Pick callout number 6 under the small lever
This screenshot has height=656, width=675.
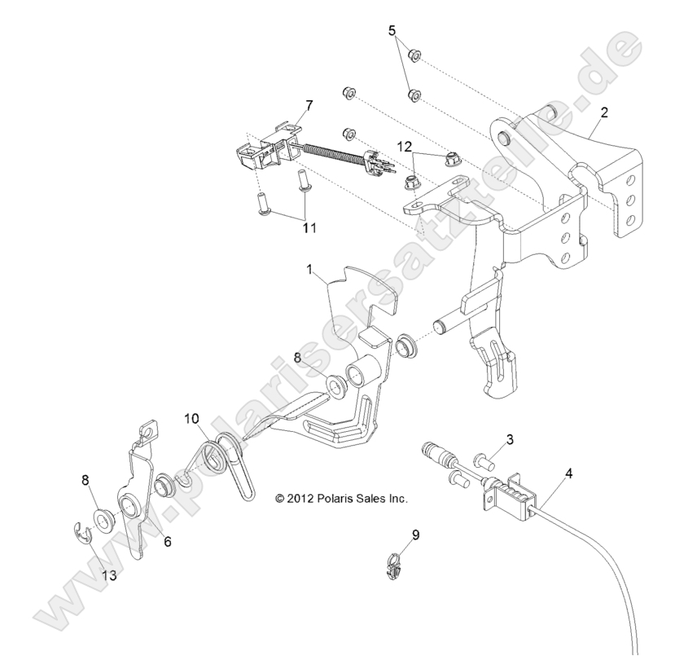pos(168,540)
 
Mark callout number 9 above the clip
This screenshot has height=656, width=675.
pos(392,535)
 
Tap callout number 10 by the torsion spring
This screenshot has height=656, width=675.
pos(191,420)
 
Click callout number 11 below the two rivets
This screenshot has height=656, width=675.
pos(309,230)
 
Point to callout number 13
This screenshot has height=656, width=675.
pos(108,575)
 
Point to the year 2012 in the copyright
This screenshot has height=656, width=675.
pos(300,496)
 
